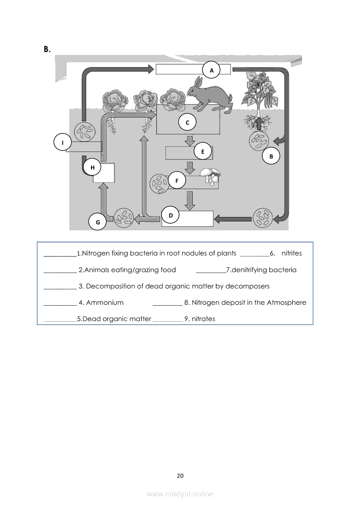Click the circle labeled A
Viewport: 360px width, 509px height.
(x=212, y=70)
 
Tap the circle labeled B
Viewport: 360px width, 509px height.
(x=271, y=156)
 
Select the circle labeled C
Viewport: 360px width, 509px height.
(x=187, y=123)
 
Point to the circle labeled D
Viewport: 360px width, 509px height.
(x=170, y=215)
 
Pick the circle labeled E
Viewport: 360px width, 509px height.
(x=203, y=152)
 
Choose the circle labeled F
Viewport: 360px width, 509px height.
(x=177, y=180)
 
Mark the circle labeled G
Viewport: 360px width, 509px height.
(x=98, y=222)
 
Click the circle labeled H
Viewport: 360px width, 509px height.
(x=92, y=168)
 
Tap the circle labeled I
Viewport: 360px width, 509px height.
(x=63, y=142)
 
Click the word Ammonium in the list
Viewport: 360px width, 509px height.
(x=105, y=303)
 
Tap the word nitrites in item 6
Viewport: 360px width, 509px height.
(x=292, y=253)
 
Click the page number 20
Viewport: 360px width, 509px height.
(x=180, y=475)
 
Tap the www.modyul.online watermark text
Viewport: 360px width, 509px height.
(x=180, y=494)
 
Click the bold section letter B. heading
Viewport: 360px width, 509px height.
(x=47, y=49)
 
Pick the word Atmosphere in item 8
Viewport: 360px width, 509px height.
(x=286, y=303)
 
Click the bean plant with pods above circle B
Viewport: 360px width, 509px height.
(x=259, y=94)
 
